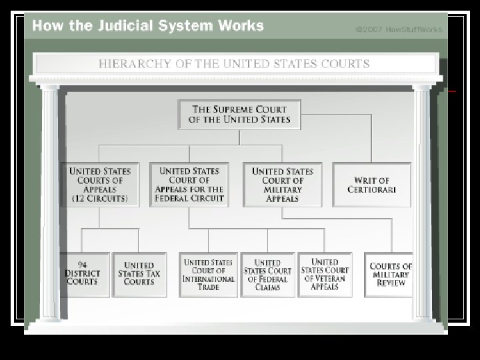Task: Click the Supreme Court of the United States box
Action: point(239,115)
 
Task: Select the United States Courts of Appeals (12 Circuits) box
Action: point(100,185)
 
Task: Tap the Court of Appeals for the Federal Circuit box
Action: point(189,185)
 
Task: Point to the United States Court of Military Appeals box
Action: point(282,185)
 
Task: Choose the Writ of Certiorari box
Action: point(371,185)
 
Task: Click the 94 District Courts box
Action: point(84,273)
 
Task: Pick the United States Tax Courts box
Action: point(139,273)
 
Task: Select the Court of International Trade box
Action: point(209,274)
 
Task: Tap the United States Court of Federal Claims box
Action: point(267,274)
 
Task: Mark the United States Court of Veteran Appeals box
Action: point(325,274)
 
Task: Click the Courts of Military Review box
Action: point(390,274)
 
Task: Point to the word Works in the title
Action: point(241,27)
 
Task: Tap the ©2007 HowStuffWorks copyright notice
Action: point(398,29)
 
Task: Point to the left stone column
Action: point(50,200)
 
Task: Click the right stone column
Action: point(422,200)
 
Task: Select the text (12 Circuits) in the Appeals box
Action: point(100,198)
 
